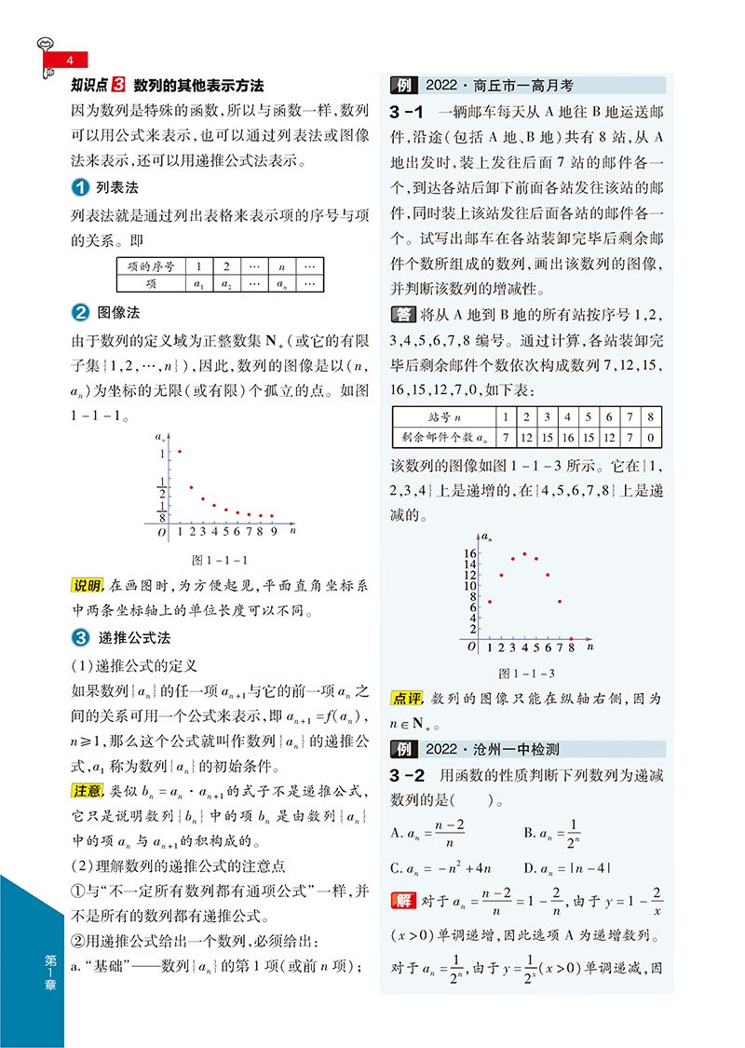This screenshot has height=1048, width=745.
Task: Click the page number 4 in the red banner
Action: pos(68,61)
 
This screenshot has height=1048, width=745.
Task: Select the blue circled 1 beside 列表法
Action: pos(81,188)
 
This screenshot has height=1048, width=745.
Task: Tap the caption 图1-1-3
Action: pos(526,673)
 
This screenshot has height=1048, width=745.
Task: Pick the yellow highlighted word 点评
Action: pos(406,698)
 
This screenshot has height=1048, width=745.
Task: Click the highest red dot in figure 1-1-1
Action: pos(179,452)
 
